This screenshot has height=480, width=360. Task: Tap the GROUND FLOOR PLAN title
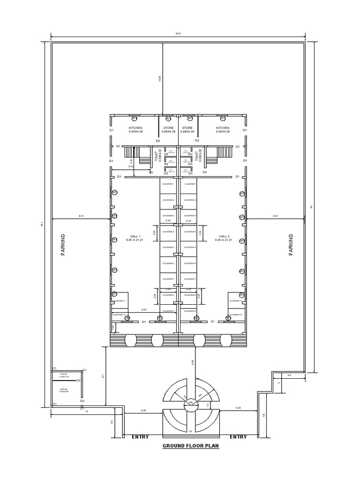tap(191, 446)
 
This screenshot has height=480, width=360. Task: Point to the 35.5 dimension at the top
tap(178, 34)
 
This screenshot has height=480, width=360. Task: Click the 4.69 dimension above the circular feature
tap(193, 361)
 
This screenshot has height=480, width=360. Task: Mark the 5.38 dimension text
tap(143, 411)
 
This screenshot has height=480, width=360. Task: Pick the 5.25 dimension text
tap(238, 408)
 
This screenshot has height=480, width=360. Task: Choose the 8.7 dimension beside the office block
tap(103, 375)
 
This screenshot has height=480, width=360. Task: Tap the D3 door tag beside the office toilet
tap(79, 381)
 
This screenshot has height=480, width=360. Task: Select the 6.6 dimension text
tap(264, 414)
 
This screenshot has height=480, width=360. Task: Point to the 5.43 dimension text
tap(131, 166)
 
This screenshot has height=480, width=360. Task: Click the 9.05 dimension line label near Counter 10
tap(144, 309)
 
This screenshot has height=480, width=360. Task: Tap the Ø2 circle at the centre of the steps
tap(191, 402)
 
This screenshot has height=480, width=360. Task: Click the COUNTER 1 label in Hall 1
tap(168, 184)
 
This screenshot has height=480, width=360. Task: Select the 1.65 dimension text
tap(112, 326)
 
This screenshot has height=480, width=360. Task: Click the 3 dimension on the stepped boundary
tap(278, 383)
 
